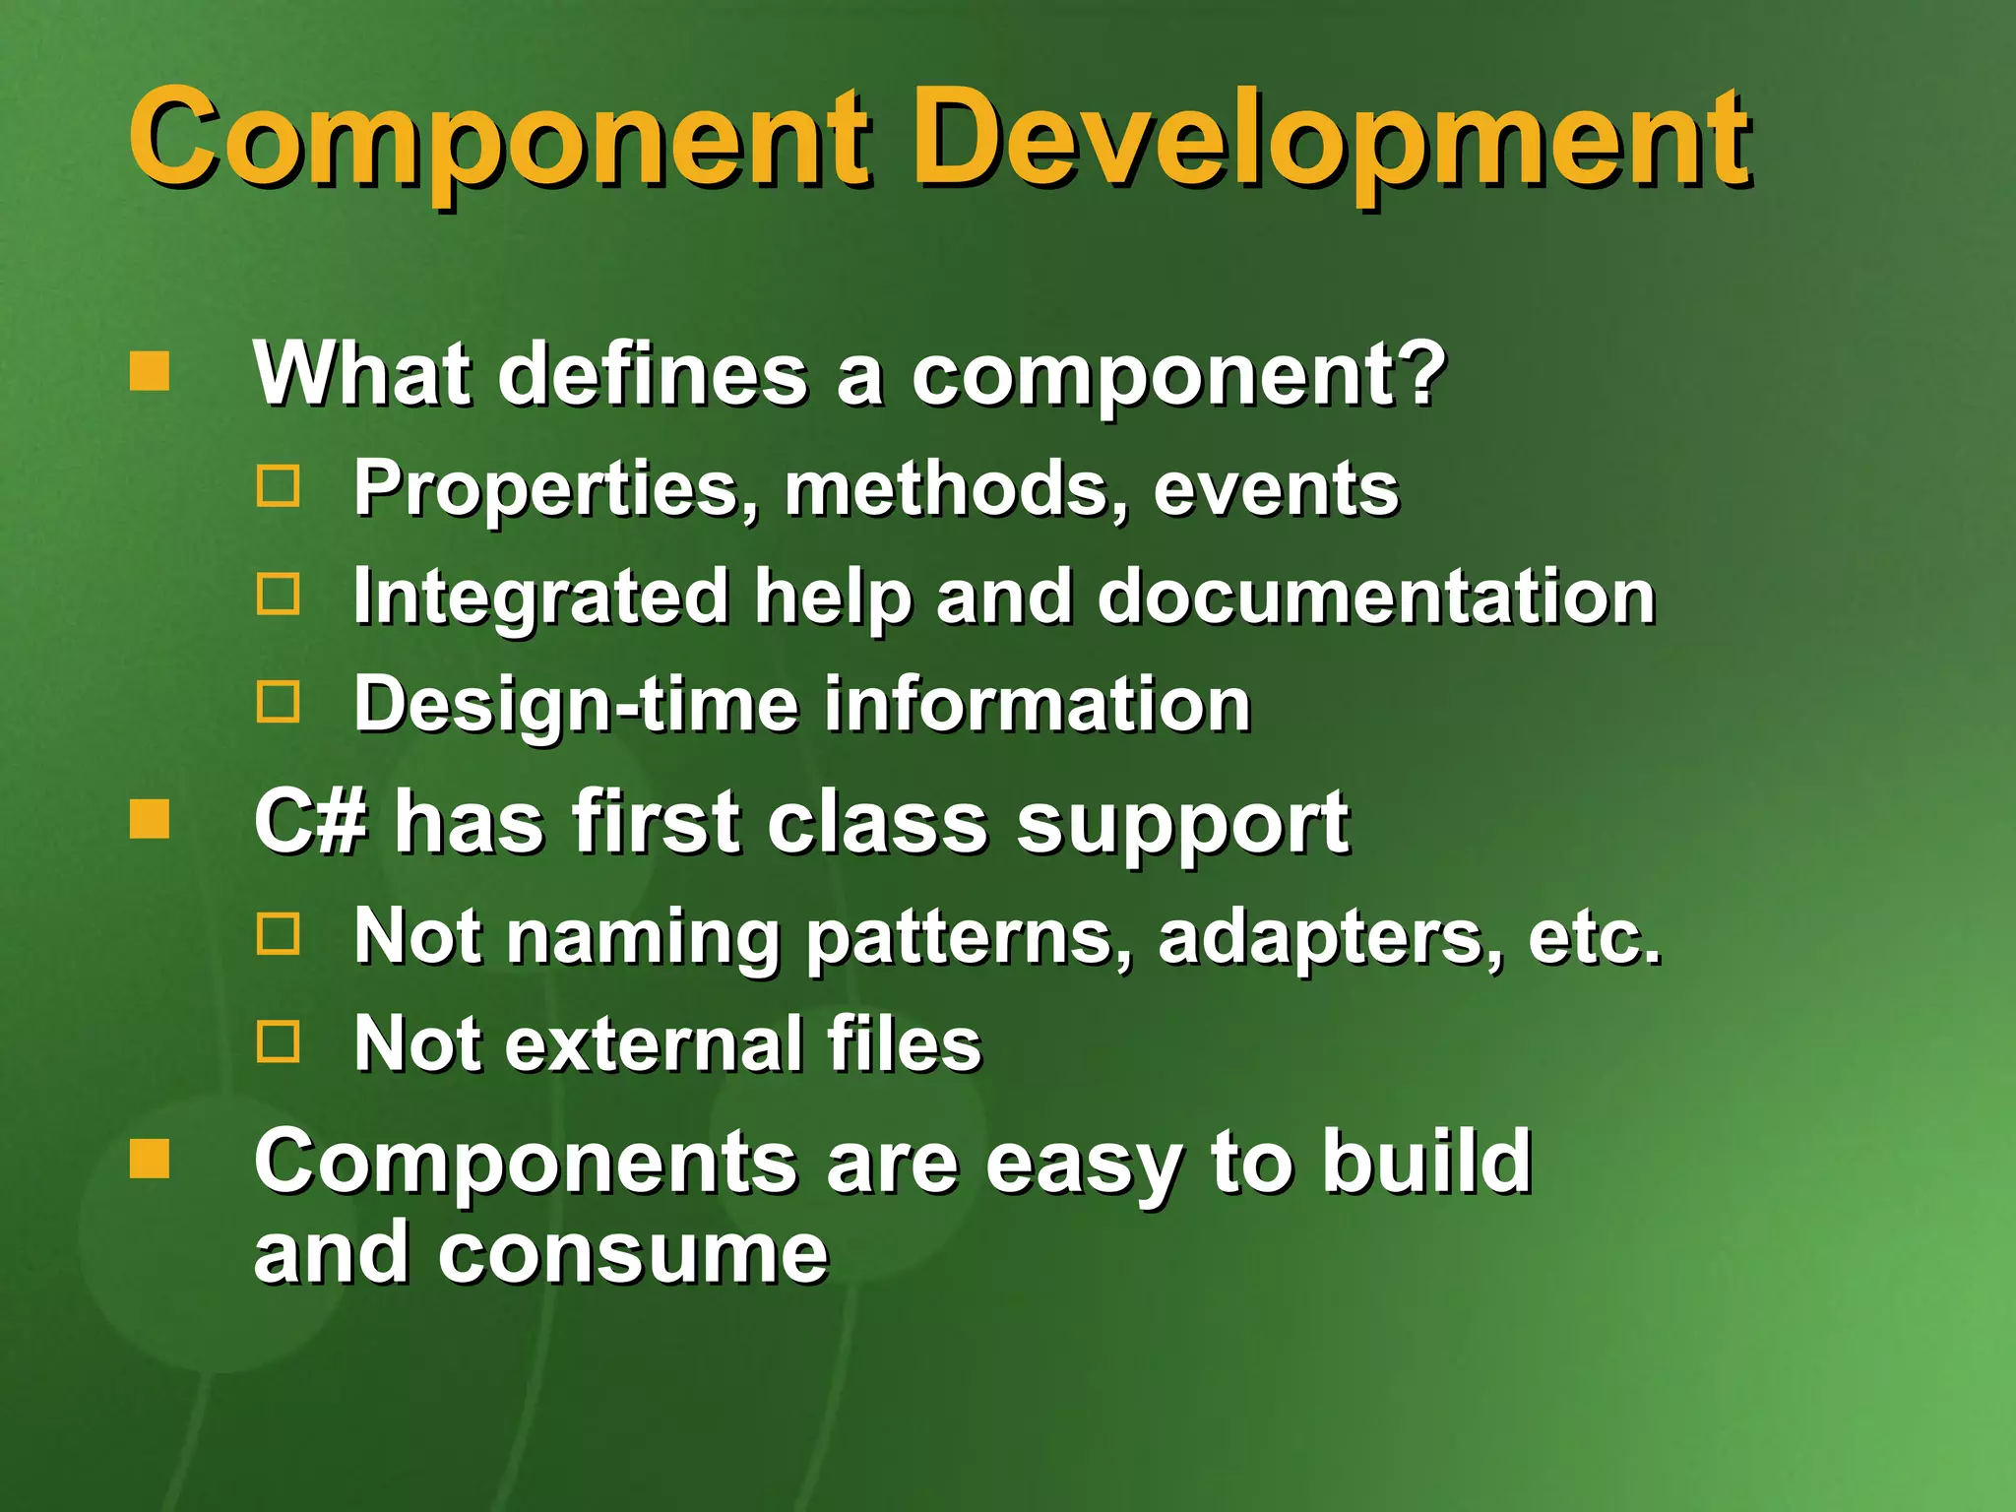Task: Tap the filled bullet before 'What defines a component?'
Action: click(150, 372)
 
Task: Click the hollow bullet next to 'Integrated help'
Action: click(279, 595)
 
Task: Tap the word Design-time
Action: click(576, 705)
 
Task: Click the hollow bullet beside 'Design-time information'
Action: click(279, 703)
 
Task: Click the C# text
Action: click(310, 822)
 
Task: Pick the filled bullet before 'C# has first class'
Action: click(150, 819)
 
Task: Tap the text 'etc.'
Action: click(1593, 938)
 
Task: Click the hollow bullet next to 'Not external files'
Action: click(279, 1040)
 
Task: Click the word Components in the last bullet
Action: click(524, 1164)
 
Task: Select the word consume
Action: click(632, 1254)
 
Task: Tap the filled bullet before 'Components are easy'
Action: click(150, 1159)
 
